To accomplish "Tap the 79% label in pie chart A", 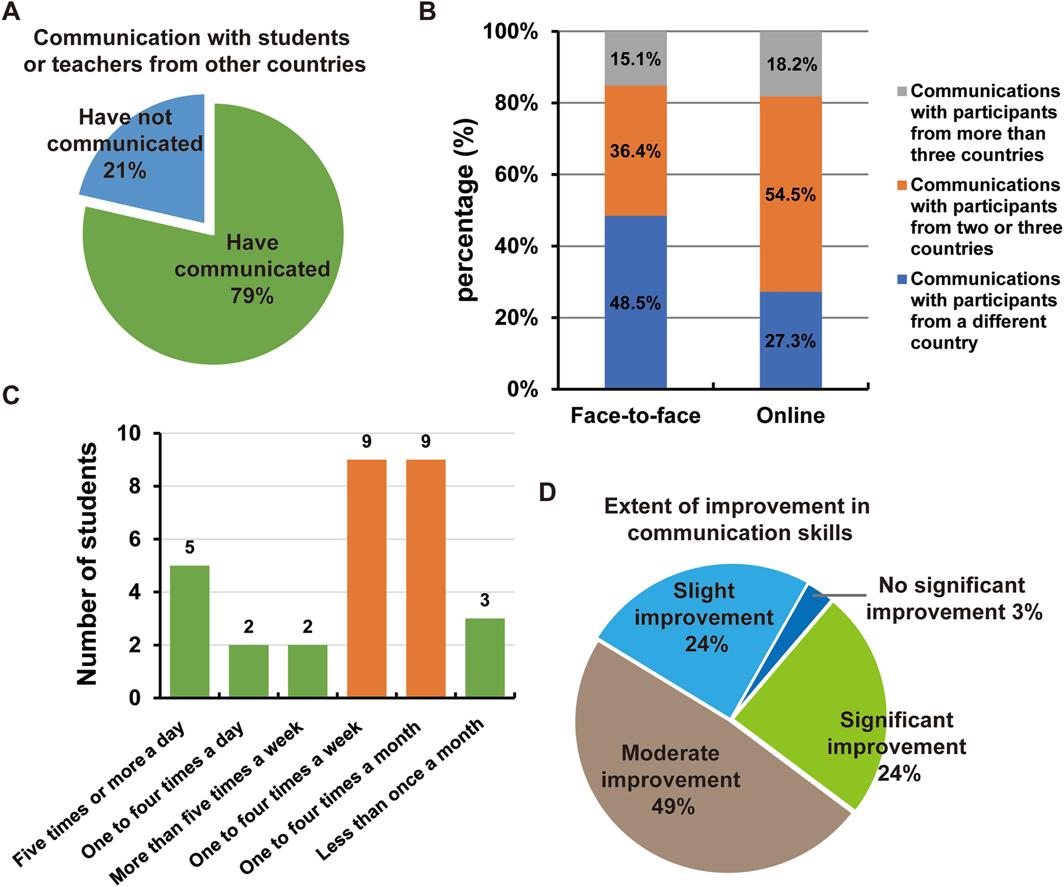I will [x=252, y=295].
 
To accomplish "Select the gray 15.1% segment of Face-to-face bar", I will [x=636, y=59].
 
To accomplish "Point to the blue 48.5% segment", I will [x=636, y=303].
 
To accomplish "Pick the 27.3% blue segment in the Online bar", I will [x=790, y=341].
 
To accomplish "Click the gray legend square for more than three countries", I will [x=902, y=91].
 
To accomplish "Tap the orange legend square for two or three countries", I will [x=902, y=185].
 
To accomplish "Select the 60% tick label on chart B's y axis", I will [x=516, y=174].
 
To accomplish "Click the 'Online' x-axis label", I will [x=790, y=415].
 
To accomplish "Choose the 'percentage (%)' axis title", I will [x=466, y=210].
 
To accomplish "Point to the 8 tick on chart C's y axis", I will [x=135, y=486].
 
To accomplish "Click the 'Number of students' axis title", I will [x=87, y=564].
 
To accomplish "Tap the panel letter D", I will [x=548, y=492].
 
